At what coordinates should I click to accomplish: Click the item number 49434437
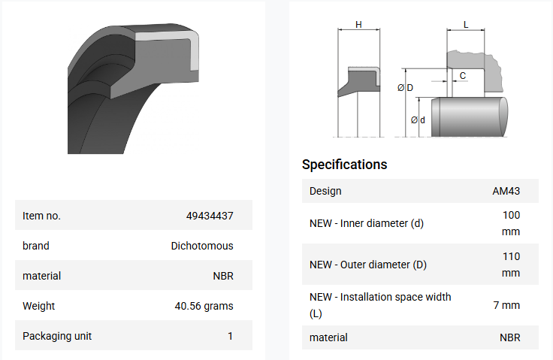tap(210, 216)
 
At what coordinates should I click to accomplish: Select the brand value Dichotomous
tap(202, 246)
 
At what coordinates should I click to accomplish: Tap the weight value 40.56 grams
tap(204, 306)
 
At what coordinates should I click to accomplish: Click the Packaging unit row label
tap(57, 336)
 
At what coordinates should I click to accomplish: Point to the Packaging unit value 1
tap(230, 336)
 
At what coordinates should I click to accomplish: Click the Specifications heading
tap(345, 165)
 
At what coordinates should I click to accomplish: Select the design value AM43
tap(506, 191)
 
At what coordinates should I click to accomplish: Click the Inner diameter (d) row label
tap(367, 223)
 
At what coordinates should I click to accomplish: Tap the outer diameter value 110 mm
tap(511, 265)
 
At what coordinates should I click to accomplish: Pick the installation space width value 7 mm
tap(506, 305)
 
